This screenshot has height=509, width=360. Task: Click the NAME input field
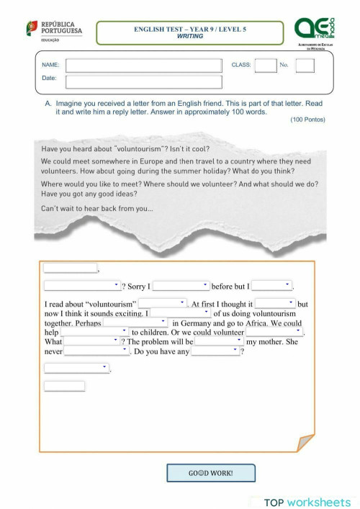pyautogui.click(x=144, y=65)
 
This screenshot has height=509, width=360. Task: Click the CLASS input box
pyautogui.click(x=265, y=65)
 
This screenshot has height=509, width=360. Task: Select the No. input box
pyautogui.click(x=305, y=65)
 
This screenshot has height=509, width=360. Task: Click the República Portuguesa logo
pyautogui.click(x=54, y=32)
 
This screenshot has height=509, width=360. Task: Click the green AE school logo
pyautogui.click(x=315, y=30)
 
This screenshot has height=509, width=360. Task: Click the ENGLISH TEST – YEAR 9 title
pyautogui.click(x=189, y=29)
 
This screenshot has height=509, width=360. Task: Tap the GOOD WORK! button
pyautogui.click(x=210, y=473)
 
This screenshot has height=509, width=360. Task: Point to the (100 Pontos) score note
pyautogui.click(x=307, y=120)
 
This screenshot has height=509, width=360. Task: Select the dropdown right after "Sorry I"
pyautogui.click(x=181, y=286)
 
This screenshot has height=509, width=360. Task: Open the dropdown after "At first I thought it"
pyautogui.click(x=275, y=304)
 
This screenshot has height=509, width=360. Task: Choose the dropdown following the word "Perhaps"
pyautogui.click(x=136, y=323)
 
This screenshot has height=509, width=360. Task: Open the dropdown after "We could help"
pyautogui.click(x=94, y=332)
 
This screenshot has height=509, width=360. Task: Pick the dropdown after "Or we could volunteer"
pyautogui.click(x=274, y=332)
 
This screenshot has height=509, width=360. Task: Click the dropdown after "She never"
pyautogui.click(x=96, y=351)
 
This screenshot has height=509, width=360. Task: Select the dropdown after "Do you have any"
pyautogui.click(x=215, y=351)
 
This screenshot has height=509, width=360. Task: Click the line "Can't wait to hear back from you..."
pyautogui.click(x=97, y=209)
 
